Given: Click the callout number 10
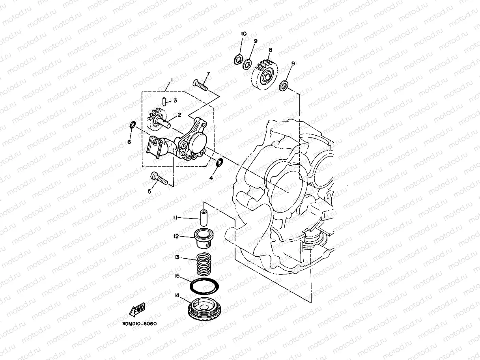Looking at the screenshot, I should click(x=243, y=34).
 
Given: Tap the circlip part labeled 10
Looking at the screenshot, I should click(x=238, y=60).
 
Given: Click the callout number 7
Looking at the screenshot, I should click(x=208, y=74).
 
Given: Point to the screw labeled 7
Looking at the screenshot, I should click(x=200, y=84).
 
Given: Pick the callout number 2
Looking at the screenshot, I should click(x=179, y=115).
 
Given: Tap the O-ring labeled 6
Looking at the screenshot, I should click(x=133, y=125).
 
